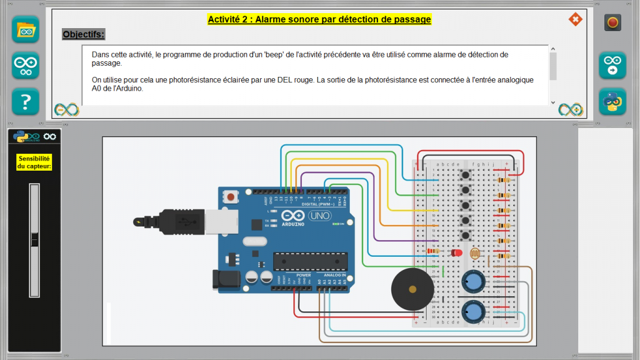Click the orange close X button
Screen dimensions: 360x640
click(575, 19)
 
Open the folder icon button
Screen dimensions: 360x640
click(26, 29)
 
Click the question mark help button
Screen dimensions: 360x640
click(26, 101)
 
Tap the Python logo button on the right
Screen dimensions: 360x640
click(612, 101)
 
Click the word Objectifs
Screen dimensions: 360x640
click(84, 34)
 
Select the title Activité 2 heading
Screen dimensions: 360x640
click(319, 19)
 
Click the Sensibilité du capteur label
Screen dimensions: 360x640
click(34, 162)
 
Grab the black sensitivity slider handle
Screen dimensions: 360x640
click(34, 239)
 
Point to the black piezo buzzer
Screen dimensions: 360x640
click(412, 289)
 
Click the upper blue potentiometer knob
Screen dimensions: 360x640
click(474, 282)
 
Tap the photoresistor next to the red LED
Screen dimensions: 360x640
click(474, 254)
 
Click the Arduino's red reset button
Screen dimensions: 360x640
click(231, 197)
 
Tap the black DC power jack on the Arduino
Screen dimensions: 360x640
click(226, 279)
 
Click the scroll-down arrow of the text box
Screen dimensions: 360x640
click(552, 102)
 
